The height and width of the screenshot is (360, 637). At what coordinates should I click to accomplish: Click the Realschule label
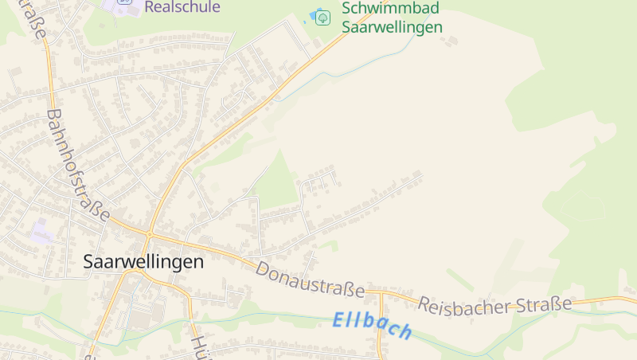(182, 7)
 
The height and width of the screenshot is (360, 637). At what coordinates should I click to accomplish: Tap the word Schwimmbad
(390, 9)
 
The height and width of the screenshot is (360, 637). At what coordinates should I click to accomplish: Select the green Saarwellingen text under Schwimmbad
(392, 26)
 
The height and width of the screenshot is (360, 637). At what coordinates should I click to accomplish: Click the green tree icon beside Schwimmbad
(322, 18)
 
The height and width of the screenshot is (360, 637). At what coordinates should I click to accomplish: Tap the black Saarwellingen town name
(143, 261)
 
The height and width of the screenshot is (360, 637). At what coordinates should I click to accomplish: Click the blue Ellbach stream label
(372, 325)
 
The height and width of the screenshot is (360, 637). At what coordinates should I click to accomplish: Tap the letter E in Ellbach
(338, 319)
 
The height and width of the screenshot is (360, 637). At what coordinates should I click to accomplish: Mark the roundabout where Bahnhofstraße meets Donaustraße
(149, 233)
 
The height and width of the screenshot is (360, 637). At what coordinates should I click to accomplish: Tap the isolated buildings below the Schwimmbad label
(450, 41)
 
